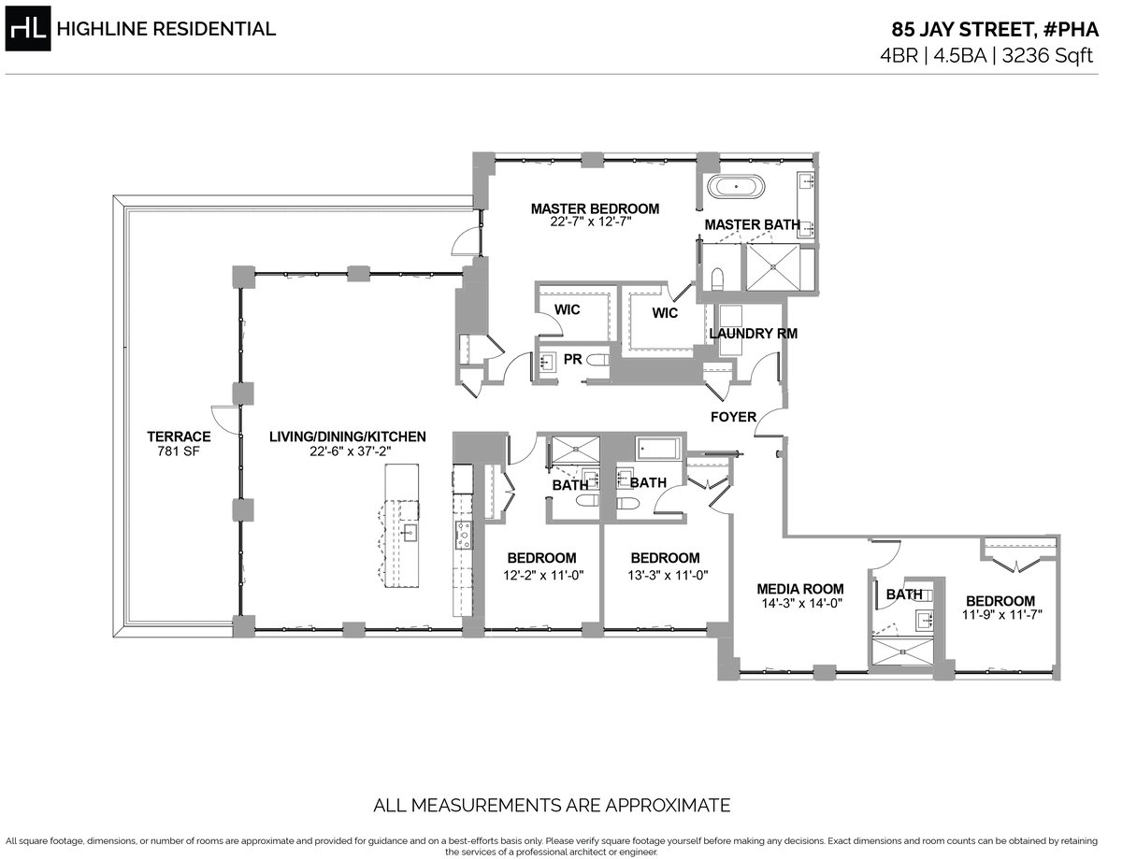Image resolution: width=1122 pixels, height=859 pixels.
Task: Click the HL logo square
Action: point(28,28)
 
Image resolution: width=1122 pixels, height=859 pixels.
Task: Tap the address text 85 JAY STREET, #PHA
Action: point(995,29)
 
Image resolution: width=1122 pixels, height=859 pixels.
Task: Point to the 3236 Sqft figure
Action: point(1047,56)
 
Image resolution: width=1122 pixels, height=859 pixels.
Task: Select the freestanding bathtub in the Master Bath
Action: point(736,186)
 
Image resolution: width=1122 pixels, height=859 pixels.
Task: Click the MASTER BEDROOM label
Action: point(595,209)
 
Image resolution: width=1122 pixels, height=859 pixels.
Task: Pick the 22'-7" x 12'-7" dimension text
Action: point(591,222)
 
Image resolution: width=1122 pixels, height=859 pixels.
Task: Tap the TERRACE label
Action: point(179,437)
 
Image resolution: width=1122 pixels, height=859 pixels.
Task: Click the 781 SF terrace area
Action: point(179,451)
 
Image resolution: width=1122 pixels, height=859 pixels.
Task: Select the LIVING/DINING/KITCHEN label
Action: point(348,437)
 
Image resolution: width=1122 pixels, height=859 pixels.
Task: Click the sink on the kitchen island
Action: point(410,533)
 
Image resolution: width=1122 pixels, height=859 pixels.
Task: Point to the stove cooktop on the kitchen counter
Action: point(463,535)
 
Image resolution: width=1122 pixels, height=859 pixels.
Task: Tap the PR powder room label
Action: point(572,359)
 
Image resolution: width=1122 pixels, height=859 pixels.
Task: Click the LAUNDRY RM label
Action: point(754,334)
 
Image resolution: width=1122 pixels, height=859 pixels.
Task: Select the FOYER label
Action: point(733,417)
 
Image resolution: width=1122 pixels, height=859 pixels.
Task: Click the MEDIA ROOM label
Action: point(800,589)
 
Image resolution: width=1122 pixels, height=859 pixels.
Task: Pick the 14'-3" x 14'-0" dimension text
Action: point(802,603)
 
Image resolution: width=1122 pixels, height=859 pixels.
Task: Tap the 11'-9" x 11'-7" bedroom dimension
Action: point(1002,614)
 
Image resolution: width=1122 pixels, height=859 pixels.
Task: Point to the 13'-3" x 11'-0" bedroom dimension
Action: point(668,575)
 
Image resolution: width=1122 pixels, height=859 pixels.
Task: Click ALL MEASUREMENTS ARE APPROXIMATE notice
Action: point(552,805)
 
